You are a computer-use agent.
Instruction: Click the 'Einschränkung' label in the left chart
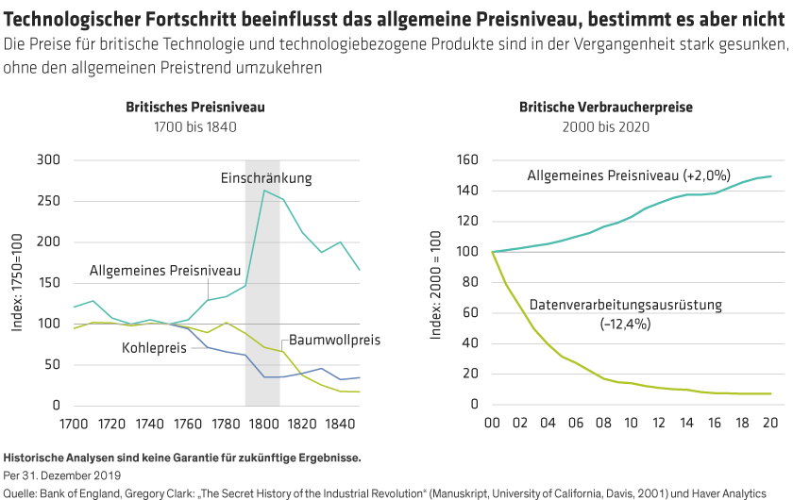tap(266, 177)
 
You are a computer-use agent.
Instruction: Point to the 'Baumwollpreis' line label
tap(334, 339)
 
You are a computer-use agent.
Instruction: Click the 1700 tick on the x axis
tap(74, 425)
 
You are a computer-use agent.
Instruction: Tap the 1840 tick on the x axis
tap(323, 425)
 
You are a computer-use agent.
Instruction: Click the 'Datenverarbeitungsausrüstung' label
tap(625, 305)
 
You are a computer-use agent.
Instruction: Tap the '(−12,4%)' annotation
tap(626, 324)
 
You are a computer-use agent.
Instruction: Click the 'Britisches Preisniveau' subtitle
tap(195, 108)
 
